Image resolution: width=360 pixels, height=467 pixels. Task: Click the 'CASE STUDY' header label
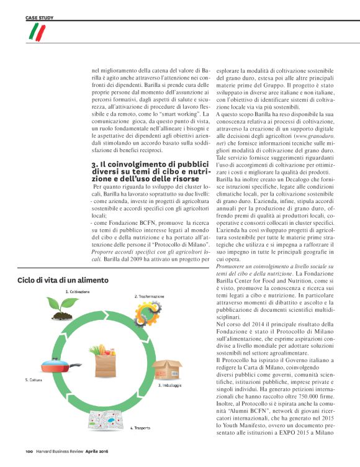(38, 18)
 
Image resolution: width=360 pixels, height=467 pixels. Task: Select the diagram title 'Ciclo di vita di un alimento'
(63, 280)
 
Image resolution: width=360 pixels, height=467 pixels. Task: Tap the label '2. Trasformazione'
(150, 297)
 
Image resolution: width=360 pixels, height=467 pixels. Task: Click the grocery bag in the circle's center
(105, 358)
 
